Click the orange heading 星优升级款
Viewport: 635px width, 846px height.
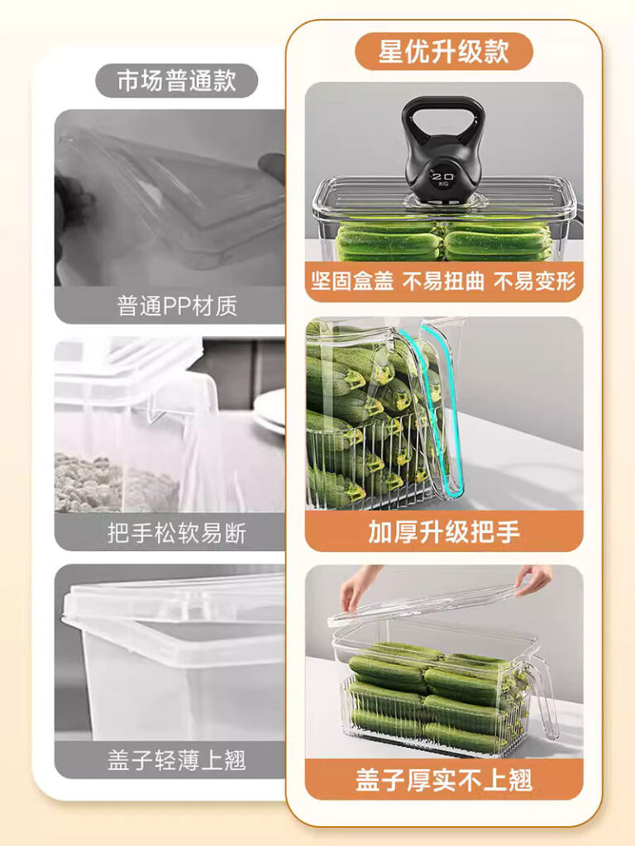pyautogui.click(x=443, y=51)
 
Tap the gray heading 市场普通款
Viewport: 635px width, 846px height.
pyautogui.click(x=177, y=80)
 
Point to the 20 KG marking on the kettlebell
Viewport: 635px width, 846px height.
pyautogui.click(x=443, y=178)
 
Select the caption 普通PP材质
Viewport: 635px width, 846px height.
pyautogui.click(x=177, y=306)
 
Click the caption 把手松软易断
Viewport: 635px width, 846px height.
pyautogui.click(x=177, y=533)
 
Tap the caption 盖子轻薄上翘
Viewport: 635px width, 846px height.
pyautogui.click(x=177, y=760)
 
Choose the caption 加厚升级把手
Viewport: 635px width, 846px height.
pyautogui.click(x=444, y=531)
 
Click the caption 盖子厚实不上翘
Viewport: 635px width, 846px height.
pyautogui.click(x=444, y=780)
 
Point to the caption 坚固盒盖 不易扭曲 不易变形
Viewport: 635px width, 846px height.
pyautogui.click(x=443, y=281)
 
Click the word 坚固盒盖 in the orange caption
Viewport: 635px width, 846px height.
pyautogui.click(x=351, y=281)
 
